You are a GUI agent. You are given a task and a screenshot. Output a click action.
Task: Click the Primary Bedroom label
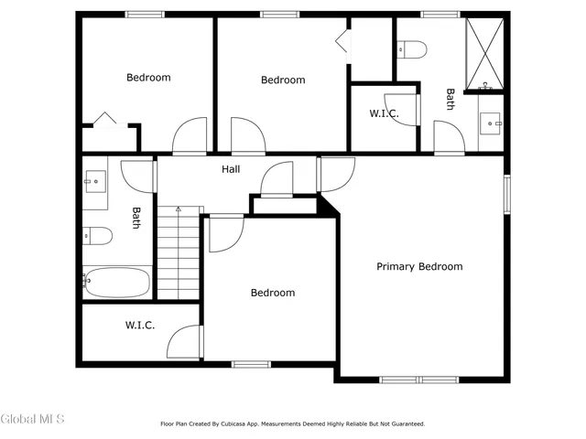click(419, 267)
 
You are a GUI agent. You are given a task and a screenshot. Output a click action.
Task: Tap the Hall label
click(231, 169)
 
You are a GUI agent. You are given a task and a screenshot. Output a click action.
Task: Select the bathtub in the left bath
click(116, 282)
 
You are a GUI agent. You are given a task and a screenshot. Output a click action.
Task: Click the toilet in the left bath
click(96, 237)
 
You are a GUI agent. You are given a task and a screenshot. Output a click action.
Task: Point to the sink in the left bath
click(95, 180)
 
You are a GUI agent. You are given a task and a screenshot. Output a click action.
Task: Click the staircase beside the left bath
click(179, 252)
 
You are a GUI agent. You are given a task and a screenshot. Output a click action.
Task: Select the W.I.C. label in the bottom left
click(139, 325)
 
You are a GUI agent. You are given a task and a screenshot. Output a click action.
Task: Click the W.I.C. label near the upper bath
click(383, 113)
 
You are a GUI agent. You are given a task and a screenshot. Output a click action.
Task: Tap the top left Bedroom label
click(148, 78)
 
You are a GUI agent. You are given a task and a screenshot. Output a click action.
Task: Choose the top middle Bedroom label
click(283, 80)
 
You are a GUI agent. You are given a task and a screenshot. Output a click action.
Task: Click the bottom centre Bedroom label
click(273, 293)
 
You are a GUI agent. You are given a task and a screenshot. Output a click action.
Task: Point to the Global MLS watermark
click(33, 419)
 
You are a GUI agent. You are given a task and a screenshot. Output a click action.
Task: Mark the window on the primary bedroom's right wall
click(505, 194)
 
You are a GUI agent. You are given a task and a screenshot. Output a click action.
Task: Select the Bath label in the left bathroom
click(136, 218)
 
